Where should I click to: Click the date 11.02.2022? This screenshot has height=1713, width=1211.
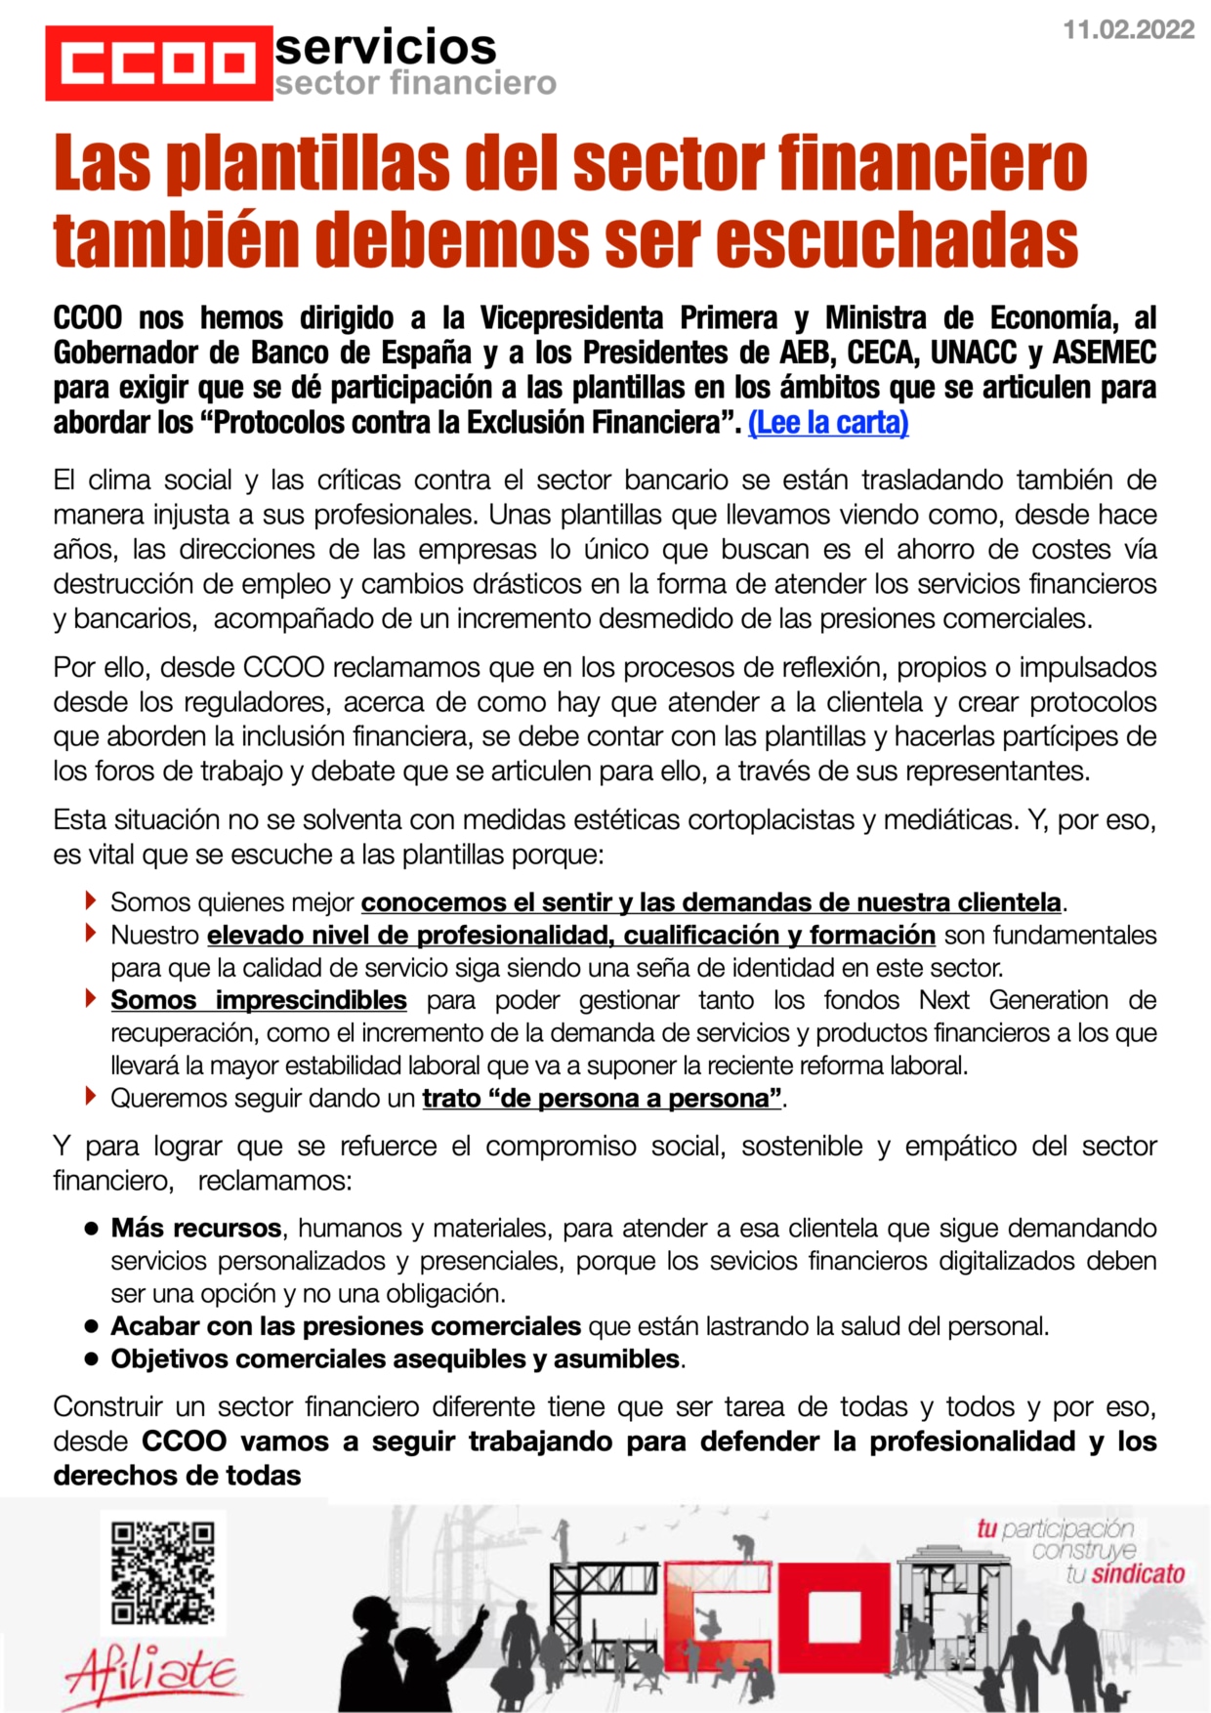1128,29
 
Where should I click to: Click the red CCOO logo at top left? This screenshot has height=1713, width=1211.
158,63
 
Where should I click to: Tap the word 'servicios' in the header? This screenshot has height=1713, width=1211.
386,47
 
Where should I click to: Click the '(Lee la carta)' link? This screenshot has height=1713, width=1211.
828,423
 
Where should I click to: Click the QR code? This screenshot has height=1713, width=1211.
163,1572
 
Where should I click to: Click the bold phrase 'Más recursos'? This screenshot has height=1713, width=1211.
196,1228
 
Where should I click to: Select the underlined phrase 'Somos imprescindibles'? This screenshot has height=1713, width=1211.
259,1000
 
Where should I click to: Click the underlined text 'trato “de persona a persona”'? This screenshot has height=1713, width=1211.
602,1099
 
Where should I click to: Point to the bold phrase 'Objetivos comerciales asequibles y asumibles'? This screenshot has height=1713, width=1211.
396,1358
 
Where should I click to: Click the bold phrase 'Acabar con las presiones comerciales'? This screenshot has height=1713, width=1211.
346,1326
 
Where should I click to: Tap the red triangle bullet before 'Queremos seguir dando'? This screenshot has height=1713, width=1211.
91,1096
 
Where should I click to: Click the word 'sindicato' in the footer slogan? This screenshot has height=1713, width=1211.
1138,1573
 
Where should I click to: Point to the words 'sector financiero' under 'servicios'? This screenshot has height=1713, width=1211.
415,84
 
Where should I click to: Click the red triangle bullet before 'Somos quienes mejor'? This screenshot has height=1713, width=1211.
91,899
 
